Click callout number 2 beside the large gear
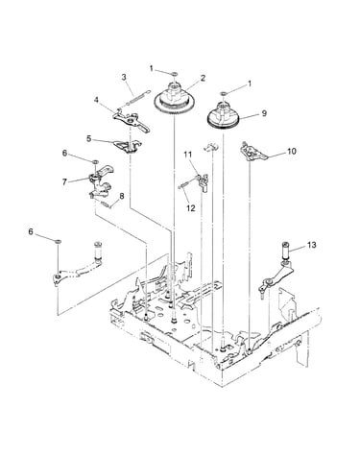point(203,78)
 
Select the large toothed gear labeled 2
point(175,100)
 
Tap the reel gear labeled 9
point(224,115)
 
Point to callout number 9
point(264,113)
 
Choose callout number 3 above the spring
point(124,78)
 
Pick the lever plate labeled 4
point(132,121)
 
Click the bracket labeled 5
point(128,146)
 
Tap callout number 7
point(64,182)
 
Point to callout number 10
point(292,151)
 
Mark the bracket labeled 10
point(253,152)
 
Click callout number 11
point(188,155)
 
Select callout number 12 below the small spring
point(190,208)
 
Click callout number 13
point(312,245)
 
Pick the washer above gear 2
point(175,74)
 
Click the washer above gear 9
point(224,93)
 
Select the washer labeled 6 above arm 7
point(95,162)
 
